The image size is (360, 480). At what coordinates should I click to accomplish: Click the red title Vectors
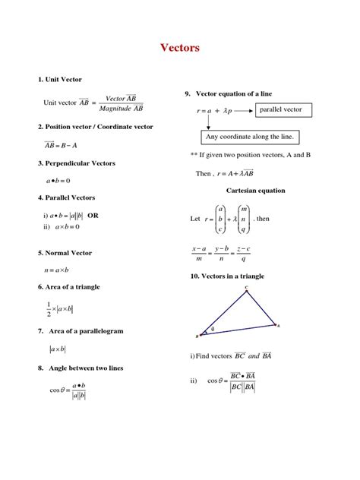pos(180,48)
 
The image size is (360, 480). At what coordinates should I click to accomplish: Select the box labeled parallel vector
pos(280,110)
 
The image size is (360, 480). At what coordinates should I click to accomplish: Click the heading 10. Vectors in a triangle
pos(227,276)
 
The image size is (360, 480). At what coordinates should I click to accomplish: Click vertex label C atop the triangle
pos(245,287)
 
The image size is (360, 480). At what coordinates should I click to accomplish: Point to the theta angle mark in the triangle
pos(213,329)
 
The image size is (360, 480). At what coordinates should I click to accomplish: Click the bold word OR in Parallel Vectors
pos(93,215)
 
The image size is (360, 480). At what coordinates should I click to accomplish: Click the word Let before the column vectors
pos(195,219)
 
